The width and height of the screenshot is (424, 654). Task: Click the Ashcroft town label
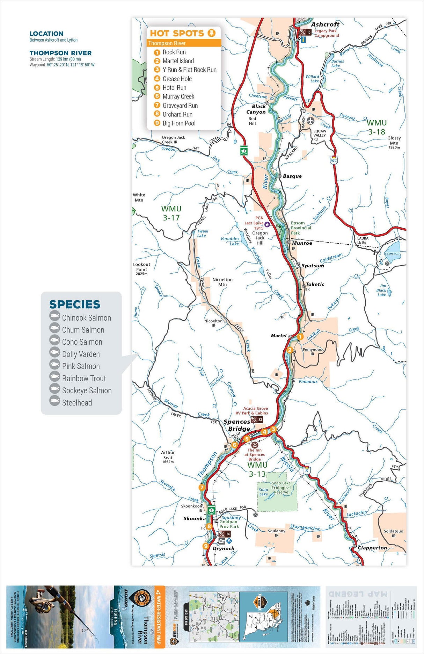325,24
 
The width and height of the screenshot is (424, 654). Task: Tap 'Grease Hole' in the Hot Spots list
177,79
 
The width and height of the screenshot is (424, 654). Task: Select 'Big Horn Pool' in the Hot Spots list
179,123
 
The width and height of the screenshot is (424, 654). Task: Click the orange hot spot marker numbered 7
202,487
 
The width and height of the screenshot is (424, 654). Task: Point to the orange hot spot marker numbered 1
300,337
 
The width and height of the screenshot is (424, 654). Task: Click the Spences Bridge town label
237,425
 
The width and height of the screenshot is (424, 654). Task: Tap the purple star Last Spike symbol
267,224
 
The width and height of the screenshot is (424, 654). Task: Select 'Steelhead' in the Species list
77,403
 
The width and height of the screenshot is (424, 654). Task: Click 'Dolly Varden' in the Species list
81,354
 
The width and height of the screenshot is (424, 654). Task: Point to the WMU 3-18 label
377,127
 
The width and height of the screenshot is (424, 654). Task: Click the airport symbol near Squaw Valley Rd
310,121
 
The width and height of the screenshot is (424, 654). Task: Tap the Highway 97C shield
334,161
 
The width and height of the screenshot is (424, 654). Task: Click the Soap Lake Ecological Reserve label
281,488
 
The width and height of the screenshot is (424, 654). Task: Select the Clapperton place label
372,548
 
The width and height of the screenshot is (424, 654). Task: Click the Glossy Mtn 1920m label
394,142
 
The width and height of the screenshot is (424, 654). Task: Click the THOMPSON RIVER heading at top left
60,53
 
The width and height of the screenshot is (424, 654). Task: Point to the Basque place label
292,176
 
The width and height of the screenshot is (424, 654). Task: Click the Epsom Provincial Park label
300,228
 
